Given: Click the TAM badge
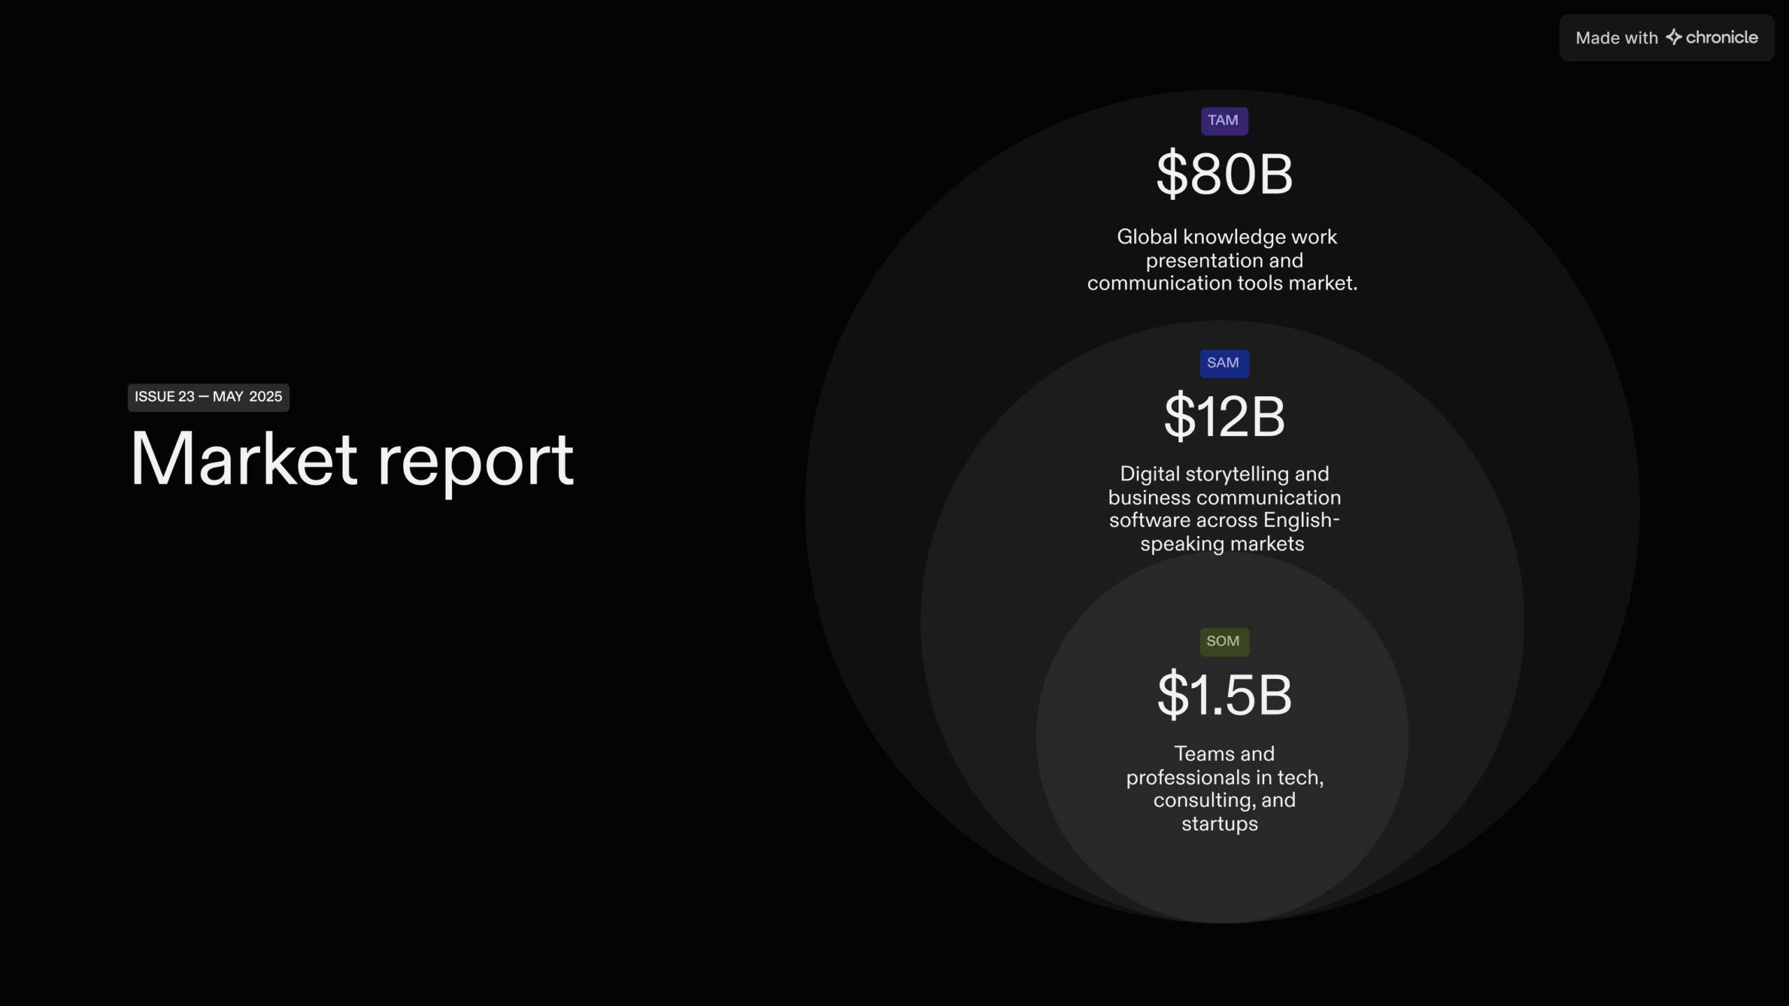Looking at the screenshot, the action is coord(1224,121).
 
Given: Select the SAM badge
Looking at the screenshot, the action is coord(1224,363).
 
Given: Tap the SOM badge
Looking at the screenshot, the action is coord(1224,641).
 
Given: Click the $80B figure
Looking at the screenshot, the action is coord(1224,174).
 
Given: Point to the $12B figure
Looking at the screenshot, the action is coord(1224,416).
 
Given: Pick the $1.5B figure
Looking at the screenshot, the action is coord(1224,695).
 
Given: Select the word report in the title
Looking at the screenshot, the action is coord(476,464).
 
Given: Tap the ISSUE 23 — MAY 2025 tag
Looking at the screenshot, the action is coord(208,398).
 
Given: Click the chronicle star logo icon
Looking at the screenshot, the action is coord(1674,37).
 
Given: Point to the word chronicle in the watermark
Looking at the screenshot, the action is coord(1722,38).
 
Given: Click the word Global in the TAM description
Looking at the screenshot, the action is coord(1147,237).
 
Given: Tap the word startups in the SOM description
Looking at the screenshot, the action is coord(1219,824).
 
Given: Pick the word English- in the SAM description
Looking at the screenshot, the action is coord(1301,520).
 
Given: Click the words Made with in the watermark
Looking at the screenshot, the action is coord(1616,38).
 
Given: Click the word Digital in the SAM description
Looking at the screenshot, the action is coord(1150,474).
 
